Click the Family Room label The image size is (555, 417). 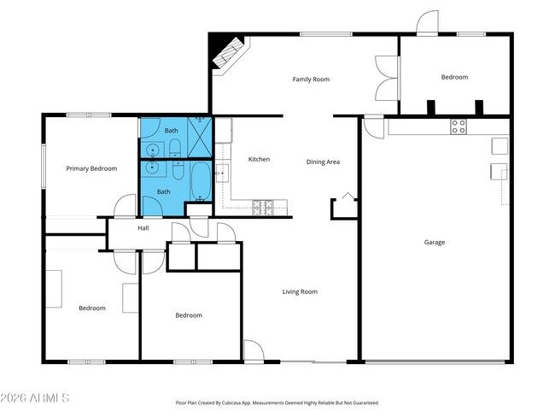(x=311, y=79)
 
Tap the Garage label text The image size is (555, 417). (x=435, y=243)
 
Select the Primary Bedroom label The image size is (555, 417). (x=91, y=168)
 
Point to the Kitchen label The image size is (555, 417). (x=259, y=160)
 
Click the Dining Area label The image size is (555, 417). (x=323, y=162)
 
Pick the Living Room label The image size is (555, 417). (x=300, y=292)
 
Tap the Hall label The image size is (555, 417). (x=143, y=228)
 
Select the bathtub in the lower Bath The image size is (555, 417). (x=201, y=181)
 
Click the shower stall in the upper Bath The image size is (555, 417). (x=200, y=137)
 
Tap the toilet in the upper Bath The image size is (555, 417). (x=175, y=148)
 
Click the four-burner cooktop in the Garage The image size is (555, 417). (x=459, y=126)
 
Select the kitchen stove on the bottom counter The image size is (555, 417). (x=263, y=208)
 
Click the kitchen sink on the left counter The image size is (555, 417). (x=222, y=173)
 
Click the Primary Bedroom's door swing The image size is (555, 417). (x=125, y=205)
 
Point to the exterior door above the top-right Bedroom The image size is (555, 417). (x=427, y=22)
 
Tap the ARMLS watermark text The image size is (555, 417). (x=35, y=398)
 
